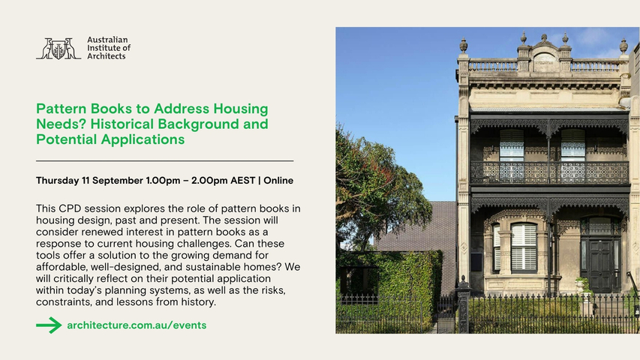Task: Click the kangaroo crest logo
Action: [59, 49]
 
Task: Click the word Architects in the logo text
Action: [106, 56]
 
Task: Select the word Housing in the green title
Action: [241, 109]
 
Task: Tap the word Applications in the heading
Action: [143, 139]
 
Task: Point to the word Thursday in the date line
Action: [57, 181]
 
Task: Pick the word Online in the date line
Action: [278, 181]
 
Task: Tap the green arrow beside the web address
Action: [49, 325]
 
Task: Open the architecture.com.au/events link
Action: [137, 325]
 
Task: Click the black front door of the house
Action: [600, 265]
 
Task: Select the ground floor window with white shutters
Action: [524, 247]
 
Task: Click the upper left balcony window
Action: [512, 155]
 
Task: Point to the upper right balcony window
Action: [572, 155]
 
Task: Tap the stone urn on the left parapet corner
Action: [463, 45]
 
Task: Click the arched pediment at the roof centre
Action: [544, 58]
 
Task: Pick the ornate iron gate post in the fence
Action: [463, 304]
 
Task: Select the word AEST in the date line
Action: [243, 181]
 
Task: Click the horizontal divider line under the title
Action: [164, 161]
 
